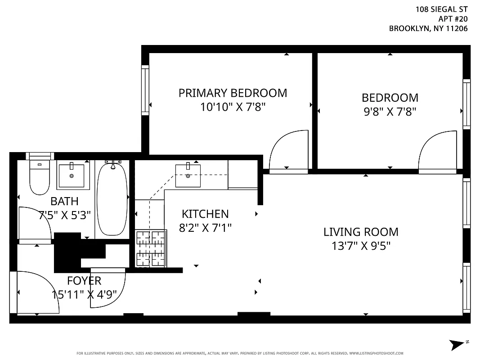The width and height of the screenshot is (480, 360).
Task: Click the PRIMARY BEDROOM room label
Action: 233,93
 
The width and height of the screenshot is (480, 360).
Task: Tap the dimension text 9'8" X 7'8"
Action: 390,112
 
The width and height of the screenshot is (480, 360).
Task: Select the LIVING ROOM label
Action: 361,232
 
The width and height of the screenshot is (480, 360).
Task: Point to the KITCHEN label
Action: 205,214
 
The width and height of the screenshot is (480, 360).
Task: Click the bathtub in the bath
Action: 112,199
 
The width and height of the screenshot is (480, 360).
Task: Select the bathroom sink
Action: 71,176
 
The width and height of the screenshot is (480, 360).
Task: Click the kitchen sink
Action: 188,175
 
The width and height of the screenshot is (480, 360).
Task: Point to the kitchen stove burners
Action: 151,248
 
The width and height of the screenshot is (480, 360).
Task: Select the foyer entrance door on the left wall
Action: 36,292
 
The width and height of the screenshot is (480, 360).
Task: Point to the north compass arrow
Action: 458,344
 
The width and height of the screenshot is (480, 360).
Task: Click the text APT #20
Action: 453,18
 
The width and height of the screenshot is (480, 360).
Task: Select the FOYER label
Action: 84,281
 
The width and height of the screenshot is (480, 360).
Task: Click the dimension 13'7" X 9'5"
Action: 361,246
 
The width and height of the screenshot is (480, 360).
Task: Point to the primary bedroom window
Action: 145,90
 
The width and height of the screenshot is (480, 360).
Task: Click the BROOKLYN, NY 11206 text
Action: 428,28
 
